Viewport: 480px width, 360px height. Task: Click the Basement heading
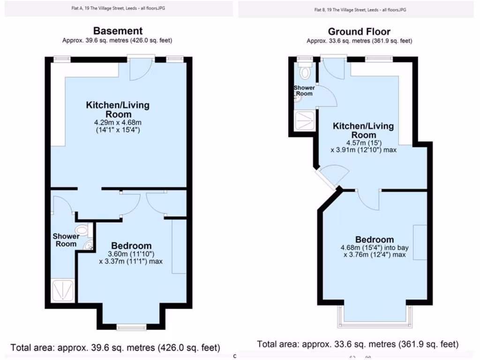pos(117,31)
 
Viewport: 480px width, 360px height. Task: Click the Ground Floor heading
pos(359,32)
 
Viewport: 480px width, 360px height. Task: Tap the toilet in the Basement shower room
pos(82,230)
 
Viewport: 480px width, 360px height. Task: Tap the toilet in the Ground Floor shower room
pos(306,73)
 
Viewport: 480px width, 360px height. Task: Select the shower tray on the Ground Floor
pos(305,121)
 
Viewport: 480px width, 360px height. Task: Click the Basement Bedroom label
pos(131,246)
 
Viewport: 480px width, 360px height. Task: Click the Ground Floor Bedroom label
pos(375,239)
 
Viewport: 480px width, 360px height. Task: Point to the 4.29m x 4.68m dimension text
pos(117,122)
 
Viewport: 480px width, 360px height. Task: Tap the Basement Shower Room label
pos(66,240)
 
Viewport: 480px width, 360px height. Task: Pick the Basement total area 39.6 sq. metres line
pos(115,348)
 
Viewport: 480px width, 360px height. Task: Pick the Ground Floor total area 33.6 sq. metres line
pos(358,344)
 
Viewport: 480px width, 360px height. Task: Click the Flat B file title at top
pos(360,9)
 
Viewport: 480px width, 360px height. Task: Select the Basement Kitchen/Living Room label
pos(117,109)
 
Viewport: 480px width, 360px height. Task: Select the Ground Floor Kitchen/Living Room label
pos(363,130)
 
